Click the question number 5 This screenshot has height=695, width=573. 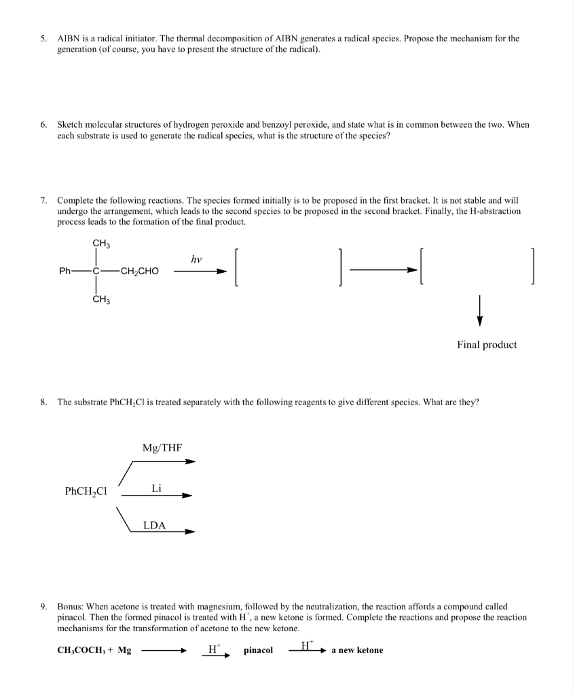click(x=42, y=39)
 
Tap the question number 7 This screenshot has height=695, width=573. click(x=42, y=201)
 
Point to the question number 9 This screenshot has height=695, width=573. click(x=42, y=606)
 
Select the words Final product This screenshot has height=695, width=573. click(x=487, y=345)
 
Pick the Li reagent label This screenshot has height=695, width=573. click(x=156, y=488)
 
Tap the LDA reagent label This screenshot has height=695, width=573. click(x=155, y=525)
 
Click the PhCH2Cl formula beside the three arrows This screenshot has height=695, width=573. click(x=87, y=491)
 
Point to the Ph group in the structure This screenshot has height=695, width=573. click(x=66, y=271)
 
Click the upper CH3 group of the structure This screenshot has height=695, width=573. click(x=102, y=243)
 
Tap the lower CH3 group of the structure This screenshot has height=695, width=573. click(x=102, y=299)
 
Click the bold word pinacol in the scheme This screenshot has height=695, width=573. click(x=258, y=650)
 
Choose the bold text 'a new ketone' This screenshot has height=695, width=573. click(x=357, y=650)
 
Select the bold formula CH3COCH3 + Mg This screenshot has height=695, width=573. click(x=94, y=650)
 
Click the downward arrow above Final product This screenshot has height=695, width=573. click(x=479, y=310)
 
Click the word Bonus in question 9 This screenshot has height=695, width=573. click(x=70, y=606)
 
